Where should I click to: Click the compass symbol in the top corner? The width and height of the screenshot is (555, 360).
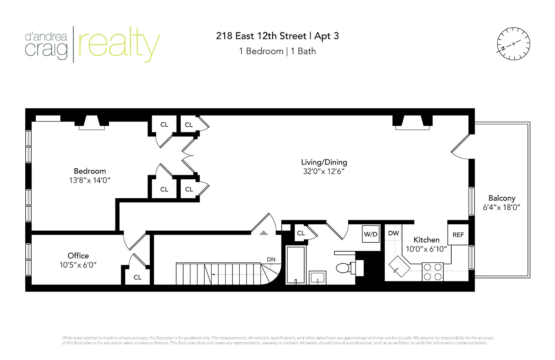513,44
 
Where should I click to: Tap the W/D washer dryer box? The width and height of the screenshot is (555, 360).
370,234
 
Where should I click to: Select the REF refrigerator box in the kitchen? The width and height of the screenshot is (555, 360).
458,235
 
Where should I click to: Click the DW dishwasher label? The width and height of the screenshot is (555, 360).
393,233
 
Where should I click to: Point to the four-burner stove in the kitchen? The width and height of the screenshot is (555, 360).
433,272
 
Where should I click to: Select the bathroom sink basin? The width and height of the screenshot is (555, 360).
317,278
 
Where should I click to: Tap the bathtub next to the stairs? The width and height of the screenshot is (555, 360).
296,265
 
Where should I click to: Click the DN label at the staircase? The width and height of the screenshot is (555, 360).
271,259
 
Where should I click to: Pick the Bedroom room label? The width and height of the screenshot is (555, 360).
89,171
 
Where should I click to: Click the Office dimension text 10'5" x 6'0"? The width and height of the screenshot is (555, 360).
78,265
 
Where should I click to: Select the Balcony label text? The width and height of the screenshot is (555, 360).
502,198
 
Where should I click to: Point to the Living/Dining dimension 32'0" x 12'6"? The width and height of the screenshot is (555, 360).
324,171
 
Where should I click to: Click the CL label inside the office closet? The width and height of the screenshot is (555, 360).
137,277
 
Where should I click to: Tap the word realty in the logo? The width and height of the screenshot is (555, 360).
118,44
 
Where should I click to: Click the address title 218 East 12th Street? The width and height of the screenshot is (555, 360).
261,36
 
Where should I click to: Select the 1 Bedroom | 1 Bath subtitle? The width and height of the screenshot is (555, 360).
277,51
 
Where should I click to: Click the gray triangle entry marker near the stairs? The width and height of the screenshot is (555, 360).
264,233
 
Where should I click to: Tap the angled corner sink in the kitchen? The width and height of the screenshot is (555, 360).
399,267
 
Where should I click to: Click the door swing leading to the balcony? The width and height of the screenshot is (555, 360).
460,148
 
